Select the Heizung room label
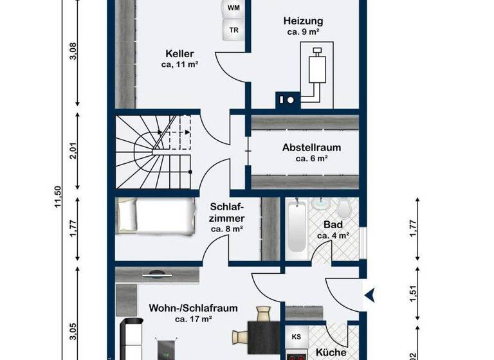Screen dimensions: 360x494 pos(303,21)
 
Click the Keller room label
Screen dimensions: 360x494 pos(179,53)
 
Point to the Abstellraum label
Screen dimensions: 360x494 pos(311,147)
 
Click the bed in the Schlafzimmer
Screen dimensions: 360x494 pos(156,214)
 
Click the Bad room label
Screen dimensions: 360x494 pos(333,225)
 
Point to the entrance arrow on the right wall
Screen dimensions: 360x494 pos(370,296)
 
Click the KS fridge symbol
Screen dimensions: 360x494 pos(296,337)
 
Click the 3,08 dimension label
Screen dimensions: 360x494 pos(73,50)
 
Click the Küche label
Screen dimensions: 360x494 pos(332,352)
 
